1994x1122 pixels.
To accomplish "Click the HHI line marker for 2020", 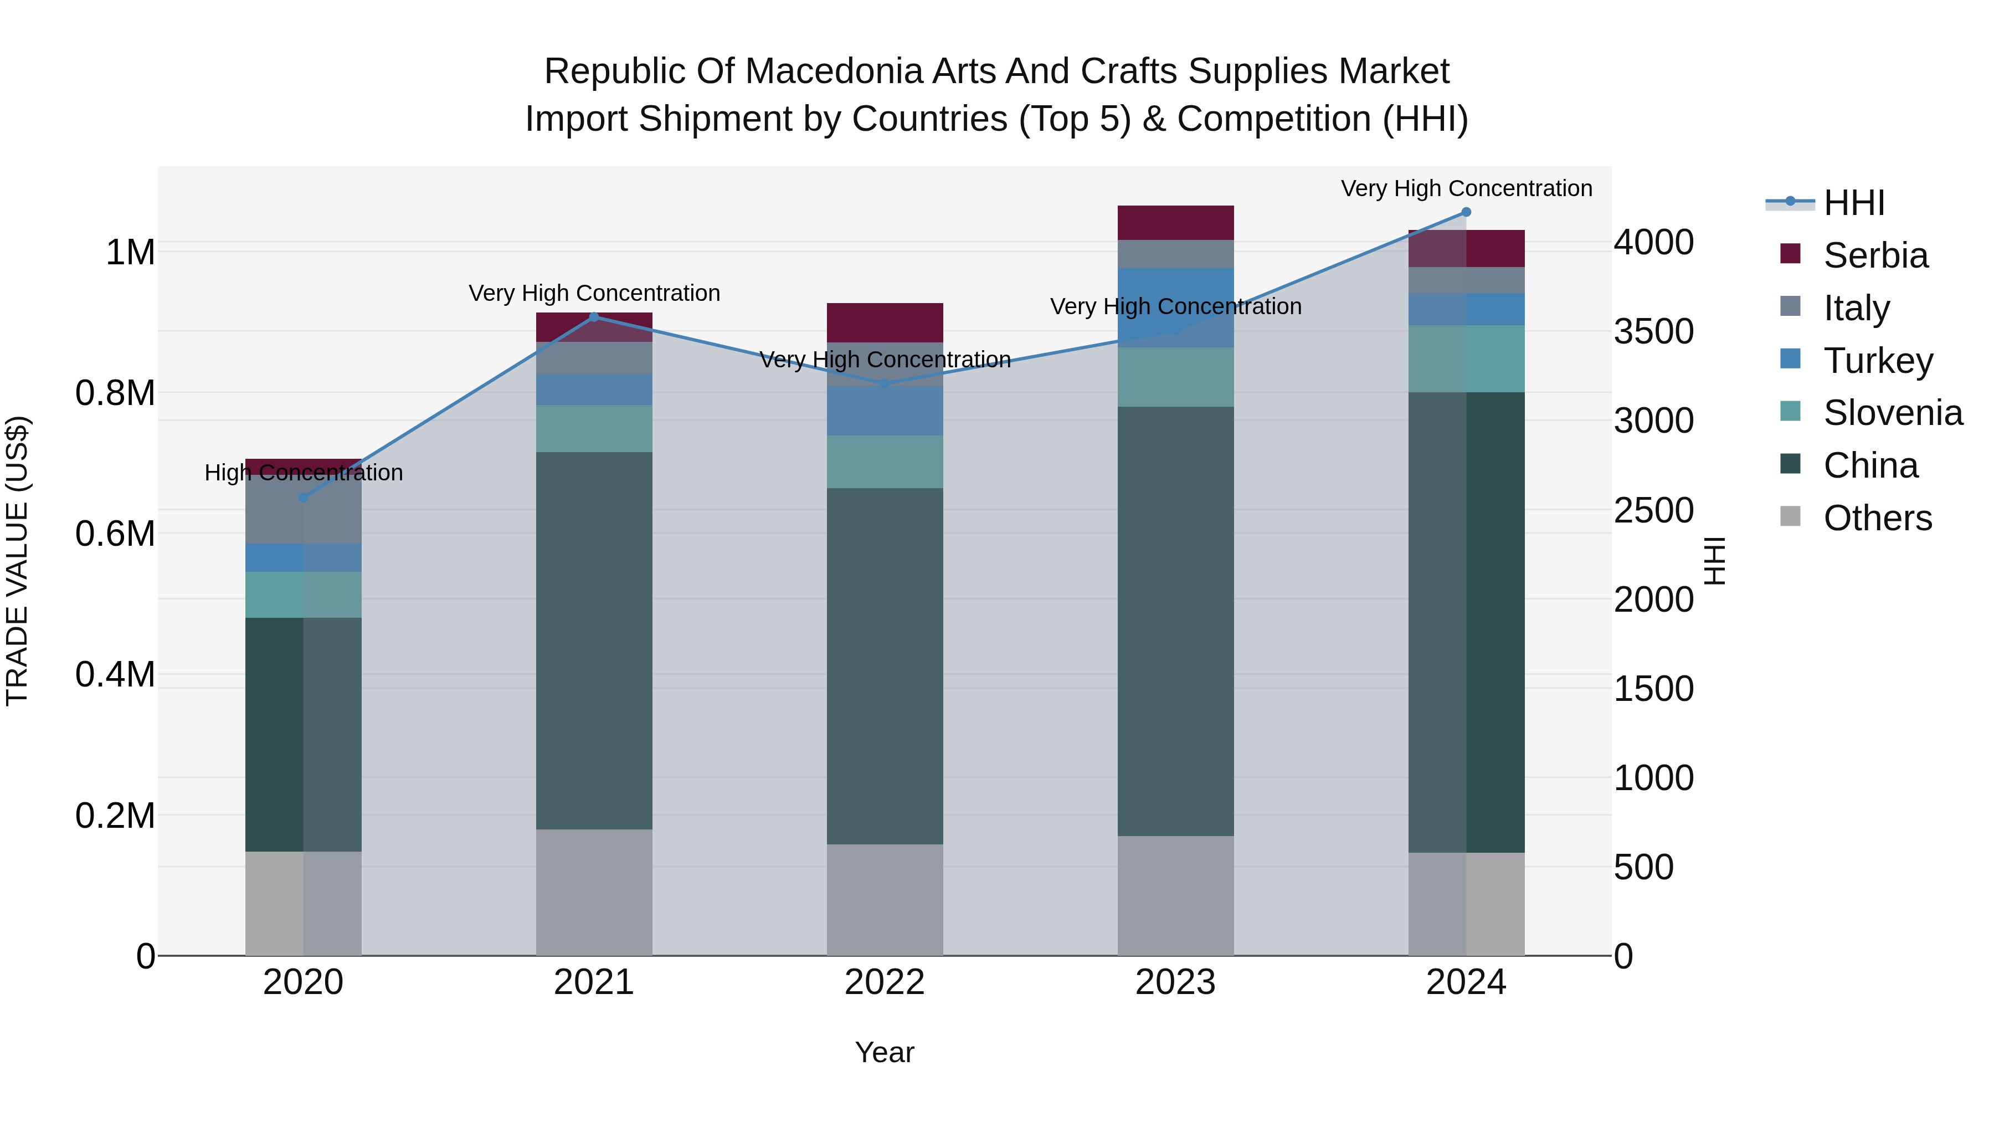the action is (304, 497).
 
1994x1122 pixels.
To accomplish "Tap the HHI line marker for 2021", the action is (594, 317).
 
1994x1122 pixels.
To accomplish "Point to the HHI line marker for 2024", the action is (1466, 212).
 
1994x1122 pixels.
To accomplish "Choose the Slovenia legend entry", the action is (1872, 413).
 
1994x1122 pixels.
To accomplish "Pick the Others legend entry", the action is (1856, 518).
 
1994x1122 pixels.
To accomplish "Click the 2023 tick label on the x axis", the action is (1175, 982).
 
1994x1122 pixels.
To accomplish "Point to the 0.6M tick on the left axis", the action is (115, 534).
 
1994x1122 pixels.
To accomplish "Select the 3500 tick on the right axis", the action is (1654, 331).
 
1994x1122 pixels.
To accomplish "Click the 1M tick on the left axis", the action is (130, 253).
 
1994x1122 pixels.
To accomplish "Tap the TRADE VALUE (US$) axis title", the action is (17, 561).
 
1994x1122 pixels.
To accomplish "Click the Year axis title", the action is (885, 1052).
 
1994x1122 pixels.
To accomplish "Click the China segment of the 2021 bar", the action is (594, 641).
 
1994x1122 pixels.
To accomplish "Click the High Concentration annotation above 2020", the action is (304, 472).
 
